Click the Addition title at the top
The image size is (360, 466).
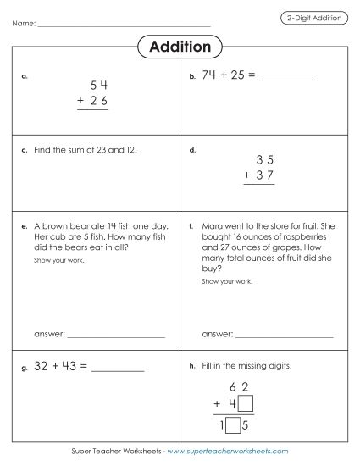pos(180,46)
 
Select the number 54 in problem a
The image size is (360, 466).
pos(99,86)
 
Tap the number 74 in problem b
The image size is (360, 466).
pos(210,75)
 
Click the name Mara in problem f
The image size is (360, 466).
pos(213,226)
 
